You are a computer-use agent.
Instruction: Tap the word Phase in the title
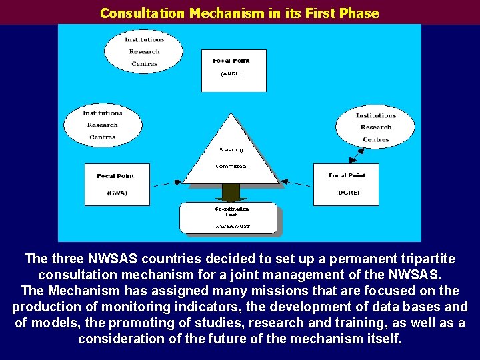(360, 13)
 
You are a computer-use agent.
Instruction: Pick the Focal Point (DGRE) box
(345, 184)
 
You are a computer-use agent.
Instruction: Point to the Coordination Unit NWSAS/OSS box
(227, 218)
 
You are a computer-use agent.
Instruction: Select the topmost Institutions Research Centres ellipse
(143, 51)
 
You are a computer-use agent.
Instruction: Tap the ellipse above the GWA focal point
(102, 125)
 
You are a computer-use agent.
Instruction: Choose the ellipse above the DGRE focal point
(375, 127)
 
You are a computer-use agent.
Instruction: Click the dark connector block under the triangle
(231, 192)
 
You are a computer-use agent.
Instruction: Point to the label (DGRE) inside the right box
(347, 193)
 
